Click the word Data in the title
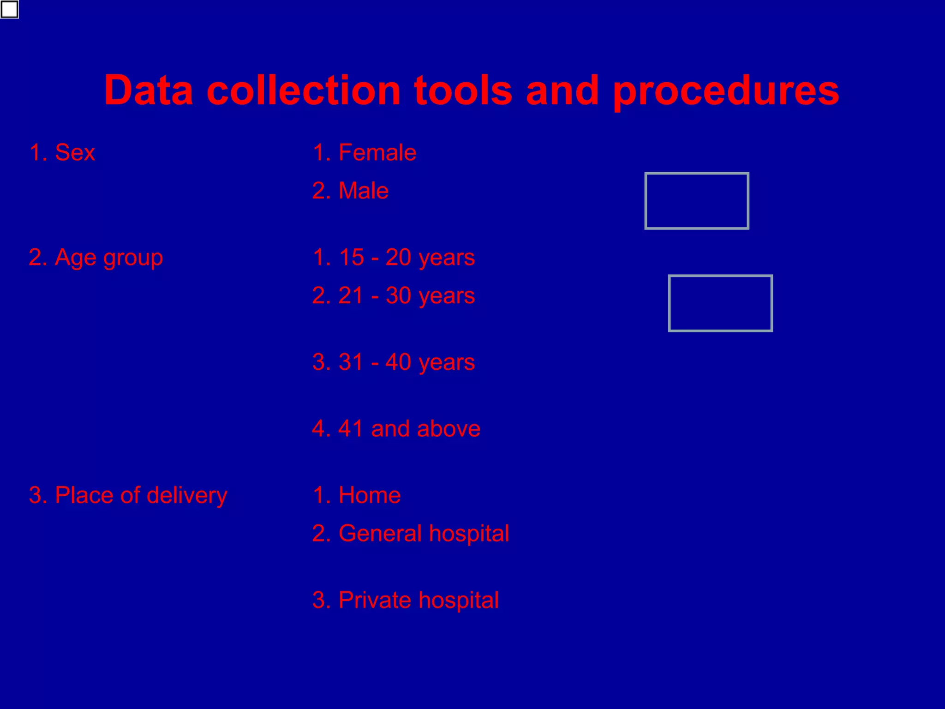(x=149, y=90)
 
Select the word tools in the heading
(x=463, y=90)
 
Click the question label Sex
(x=74, y=153)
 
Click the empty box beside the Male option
(x=696, y=201)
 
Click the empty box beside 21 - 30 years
(x=720, y=303)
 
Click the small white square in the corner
(x=9, y=9)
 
